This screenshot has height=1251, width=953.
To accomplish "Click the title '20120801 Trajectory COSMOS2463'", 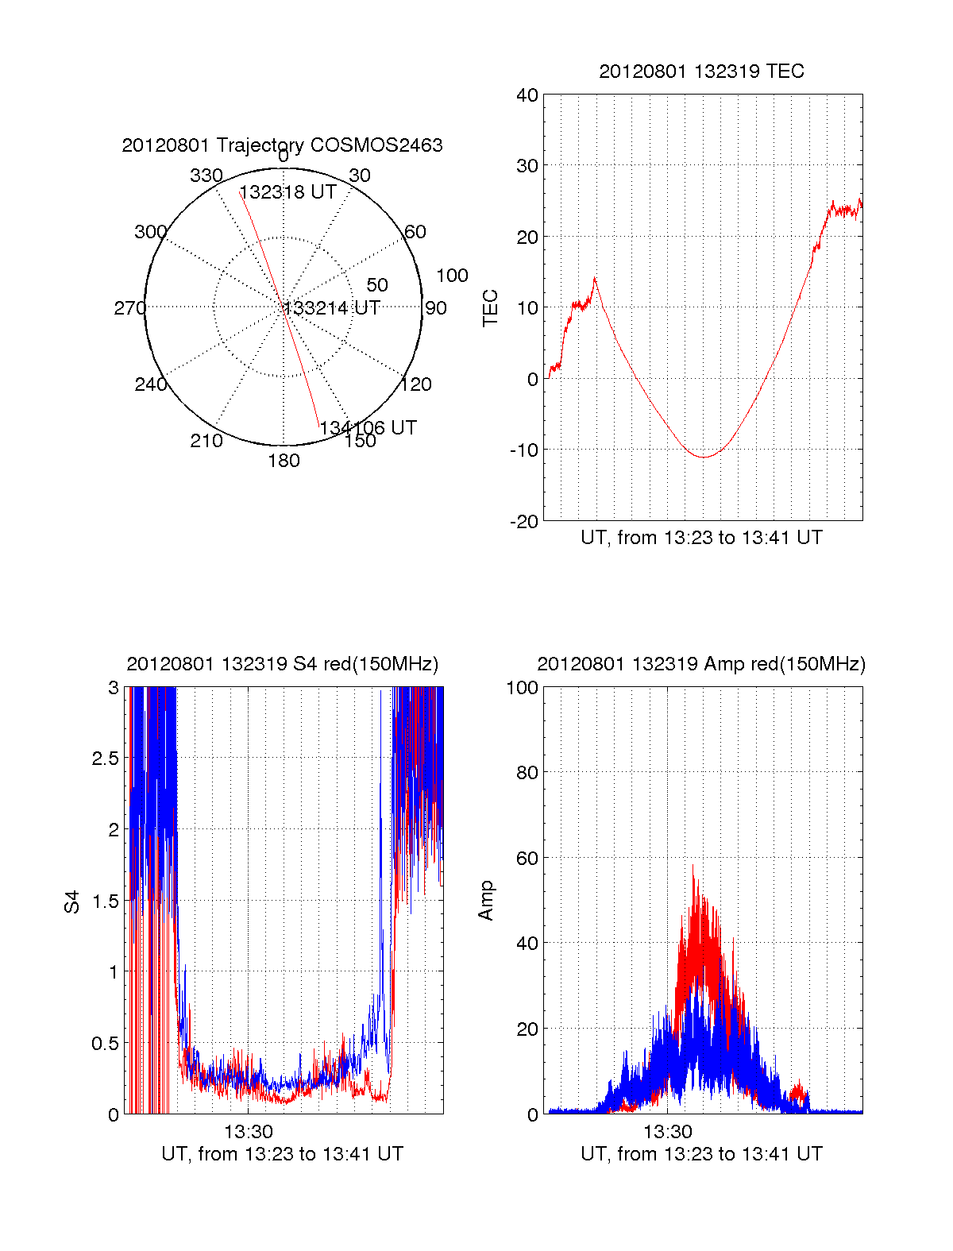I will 282,145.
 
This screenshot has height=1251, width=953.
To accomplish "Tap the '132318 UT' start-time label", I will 287,192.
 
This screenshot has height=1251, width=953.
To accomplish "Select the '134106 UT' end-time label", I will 368,427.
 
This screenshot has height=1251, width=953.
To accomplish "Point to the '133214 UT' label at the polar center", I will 331,308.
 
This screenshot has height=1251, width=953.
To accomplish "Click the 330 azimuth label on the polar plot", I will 206,176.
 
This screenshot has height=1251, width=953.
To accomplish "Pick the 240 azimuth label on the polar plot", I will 151,384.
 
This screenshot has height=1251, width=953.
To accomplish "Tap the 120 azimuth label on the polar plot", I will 416,384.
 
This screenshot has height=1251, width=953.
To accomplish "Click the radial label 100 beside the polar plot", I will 452,276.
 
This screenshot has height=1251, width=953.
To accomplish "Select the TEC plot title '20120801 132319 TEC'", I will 701,71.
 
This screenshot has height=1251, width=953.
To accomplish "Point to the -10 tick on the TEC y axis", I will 525,450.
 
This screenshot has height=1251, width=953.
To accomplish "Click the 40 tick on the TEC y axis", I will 527,95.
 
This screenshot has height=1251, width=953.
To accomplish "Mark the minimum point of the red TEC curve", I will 703,457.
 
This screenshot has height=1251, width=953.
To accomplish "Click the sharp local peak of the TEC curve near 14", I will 595,278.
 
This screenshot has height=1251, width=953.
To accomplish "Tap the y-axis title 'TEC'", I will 491,307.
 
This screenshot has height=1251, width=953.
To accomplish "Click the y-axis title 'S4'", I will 72,901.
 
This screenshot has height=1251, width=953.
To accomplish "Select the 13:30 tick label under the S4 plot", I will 248,1131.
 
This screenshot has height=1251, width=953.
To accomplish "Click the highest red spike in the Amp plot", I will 693,865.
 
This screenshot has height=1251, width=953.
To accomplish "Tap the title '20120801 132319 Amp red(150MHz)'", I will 701,664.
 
